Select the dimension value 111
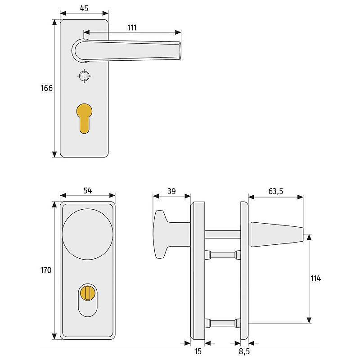point(132,27)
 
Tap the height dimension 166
point(47,88)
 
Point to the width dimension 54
point(87,191)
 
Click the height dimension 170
point(46,270)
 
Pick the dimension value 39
point(171,191)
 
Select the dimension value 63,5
point(275,191)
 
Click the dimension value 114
point(315,279)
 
